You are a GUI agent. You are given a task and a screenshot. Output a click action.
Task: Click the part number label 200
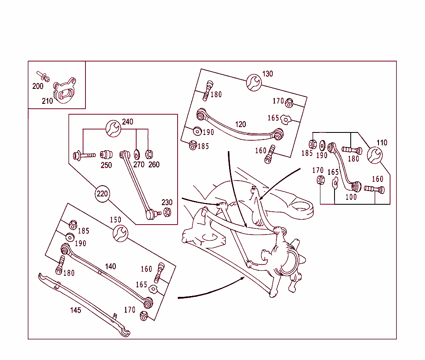(x=38, y=86)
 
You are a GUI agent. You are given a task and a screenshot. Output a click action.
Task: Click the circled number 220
(x=102, y=194)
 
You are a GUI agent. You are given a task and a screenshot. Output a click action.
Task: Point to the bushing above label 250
(x=106, y=155)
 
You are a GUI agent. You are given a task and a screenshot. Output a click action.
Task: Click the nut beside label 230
(x=167, y=212)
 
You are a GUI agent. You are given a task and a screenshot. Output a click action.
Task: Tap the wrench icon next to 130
(x=254, y=82)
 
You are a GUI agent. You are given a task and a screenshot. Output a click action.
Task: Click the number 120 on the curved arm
(x=240, y=124)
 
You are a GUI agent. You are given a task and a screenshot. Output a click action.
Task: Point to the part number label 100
(x=351, y=197)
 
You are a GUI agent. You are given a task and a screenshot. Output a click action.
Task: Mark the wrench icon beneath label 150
(x=120, y=233)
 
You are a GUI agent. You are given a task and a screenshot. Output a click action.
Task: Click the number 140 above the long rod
(x=110, y=266)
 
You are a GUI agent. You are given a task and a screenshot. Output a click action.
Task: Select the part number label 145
(x=76, y=310)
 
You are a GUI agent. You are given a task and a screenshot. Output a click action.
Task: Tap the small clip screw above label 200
(x=42, y=76)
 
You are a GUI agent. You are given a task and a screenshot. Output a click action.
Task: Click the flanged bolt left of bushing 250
(x=83, y=156)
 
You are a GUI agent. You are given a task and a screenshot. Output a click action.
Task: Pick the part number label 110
(x=381, y=143)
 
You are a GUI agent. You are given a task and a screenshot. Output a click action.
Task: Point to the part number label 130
(x=268, y=74)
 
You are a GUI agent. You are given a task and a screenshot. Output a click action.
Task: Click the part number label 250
(x=106, y=165)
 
